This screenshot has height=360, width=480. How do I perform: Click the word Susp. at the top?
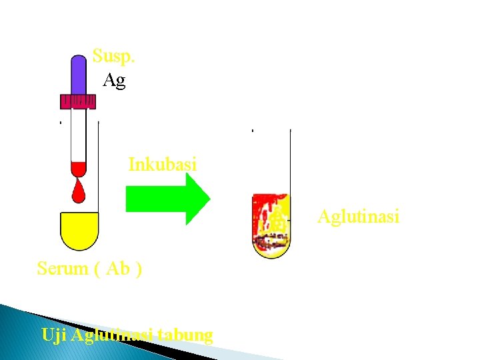pyautogui.click(x=113, y=55)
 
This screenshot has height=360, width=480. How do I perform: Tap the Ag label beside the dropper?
pyautogui.click(x=114, y=81)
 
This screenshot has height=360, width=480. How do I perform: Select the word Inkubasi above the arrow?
pyautogui.click(x=162, y=164)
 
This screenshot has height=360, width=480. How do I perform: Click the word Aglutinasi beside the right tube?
pyautogui.click(x=358, y=217)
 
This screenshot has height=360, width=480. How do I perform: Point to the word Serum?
pyautogui.click(x=63, y=269)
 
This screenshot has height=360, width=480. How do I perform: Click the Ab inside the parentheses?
pyautogui.click(x=117, y=269)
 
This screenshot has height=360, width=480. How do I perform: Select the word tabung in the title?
pyautogui.click(x=187, y=334)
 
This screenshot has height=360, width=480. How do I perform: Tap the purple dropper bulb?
pyautogui.click(x=79, y=75)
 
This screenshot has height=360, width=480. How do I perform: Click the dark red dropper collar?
pyautogui.click(x=78, y=101)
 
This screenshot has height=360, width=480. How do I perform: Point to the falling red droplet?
pyautogui.click(x=79, y=191)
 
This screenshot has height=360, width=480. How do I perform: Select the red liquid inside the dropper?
pyautogui.click(x=79, y=169)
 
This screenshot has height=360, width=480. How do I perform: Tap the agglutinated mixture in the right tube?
pyautogui.click(x=271, y=225)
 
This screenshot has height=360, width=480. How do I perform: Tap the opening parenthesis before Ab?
pyautogui.click(x=98, y=269)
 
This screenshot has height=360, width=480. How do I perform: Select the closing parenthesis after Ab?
pyautogui.click(x=138, y=269)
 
